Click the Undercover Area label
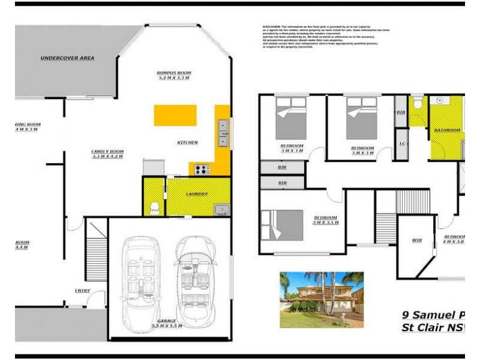67,58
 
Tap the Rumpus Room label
173,75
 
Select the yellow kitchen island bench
175,115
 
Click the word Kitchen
187,142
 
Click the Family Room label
107,154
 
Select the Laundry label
197,194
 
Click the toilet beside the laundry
154,207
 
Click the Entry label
82,291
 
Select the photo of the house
321,293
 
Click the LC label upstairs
401,143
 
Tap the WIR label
417,241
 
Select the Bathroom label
448,130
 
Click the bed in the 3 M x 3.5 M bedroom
282,224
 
